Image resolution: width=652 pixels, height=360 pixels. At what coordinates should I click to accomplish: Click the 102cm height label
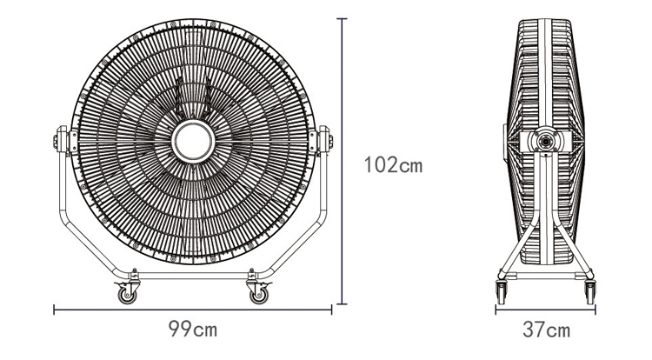[393, 164]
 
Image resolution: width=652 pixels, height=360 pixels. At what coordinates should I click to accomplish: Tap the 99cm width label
[193, 329]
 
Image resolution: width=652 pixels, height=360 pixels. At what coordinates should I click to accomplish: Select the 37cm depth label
[547, 330]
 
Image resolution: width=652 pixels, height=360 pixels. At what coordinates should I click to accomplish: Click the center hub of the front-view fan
[193, 142]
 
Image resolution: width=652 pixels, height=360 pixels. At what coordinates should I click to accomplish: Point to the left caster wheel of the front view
[127, 294]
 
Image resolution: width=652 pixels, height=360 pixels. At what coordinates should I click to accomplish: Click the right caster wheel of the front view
[259, 294]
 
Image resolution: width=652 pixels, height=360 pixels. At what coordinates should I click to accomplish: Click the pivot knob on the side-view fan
[544, 142]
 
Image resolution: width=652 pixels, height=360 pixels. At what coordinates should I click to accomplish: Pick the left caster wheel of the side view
[501, 292]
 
